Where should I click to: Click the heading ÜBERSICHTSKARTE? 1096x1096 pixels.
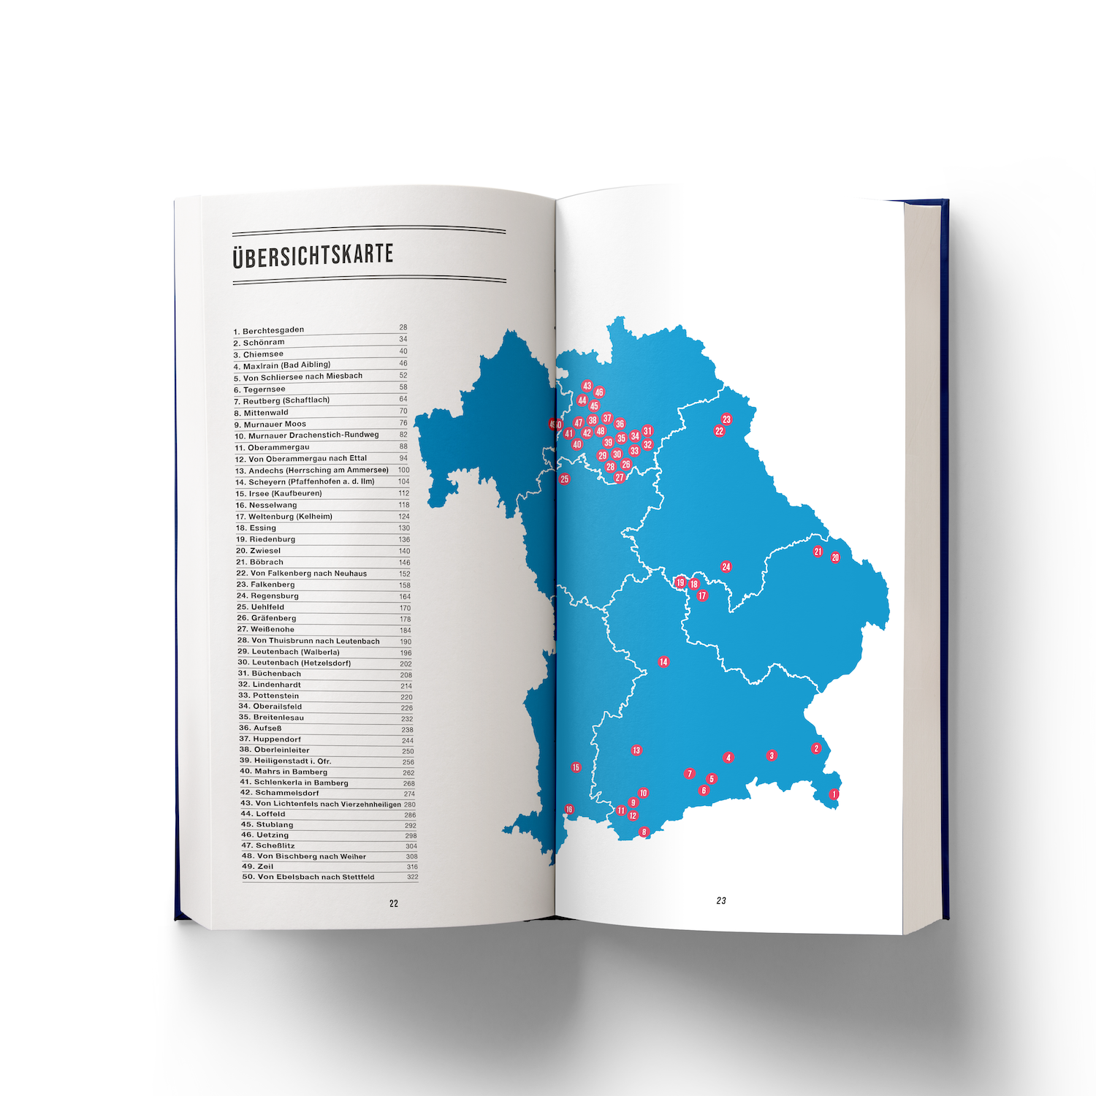pyautogui.click(x=313, y=256)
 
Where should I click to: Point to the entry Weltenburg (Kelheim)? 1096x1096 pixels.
pyautogui.click(x=283, y=517)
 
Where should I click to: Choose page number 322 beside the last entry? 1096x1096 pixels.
pyautogui.click(x=413, y=877)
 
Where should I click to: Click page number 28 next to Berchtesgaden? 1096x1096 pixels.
pyautogui.click(x=403, y=327)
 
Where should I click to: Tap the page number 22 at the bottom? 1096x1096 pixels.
pyautogui.click(x=394, y=904)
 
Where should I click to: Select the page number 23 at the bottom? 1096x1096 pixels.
pyautogui.click(x=721, y=901)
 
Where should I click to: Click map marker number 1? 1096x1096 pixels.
pyautogui.click(x=834, y=794)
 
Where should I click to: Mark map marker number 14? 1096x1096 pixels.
pyautogui.click(x=663, y=662)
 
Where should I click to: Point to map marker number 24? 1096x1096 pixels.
pyautogui.click(x=726, y=567)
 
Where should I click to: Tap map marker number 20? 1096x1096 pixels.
pyautogui.click(x=835, y=557)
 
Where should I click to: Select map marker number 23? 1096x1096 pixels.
pyautogui.click(x=726, y=419)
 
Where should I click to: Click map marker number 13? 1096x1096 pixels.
pyautogui.click(x=636, y=750)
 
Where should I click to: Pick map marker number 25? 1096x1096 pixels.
pyautogui.click(x=564, y=479)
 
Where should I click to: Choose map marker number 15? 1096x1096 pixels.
pyautogui.click(x=576, y=767)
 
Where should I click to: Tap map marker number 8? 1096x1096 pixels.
pyautogui.click(x=644, y=831)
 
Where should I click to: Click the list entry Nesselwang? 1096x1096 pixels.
pyautogui.click(x=266, y=505)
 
